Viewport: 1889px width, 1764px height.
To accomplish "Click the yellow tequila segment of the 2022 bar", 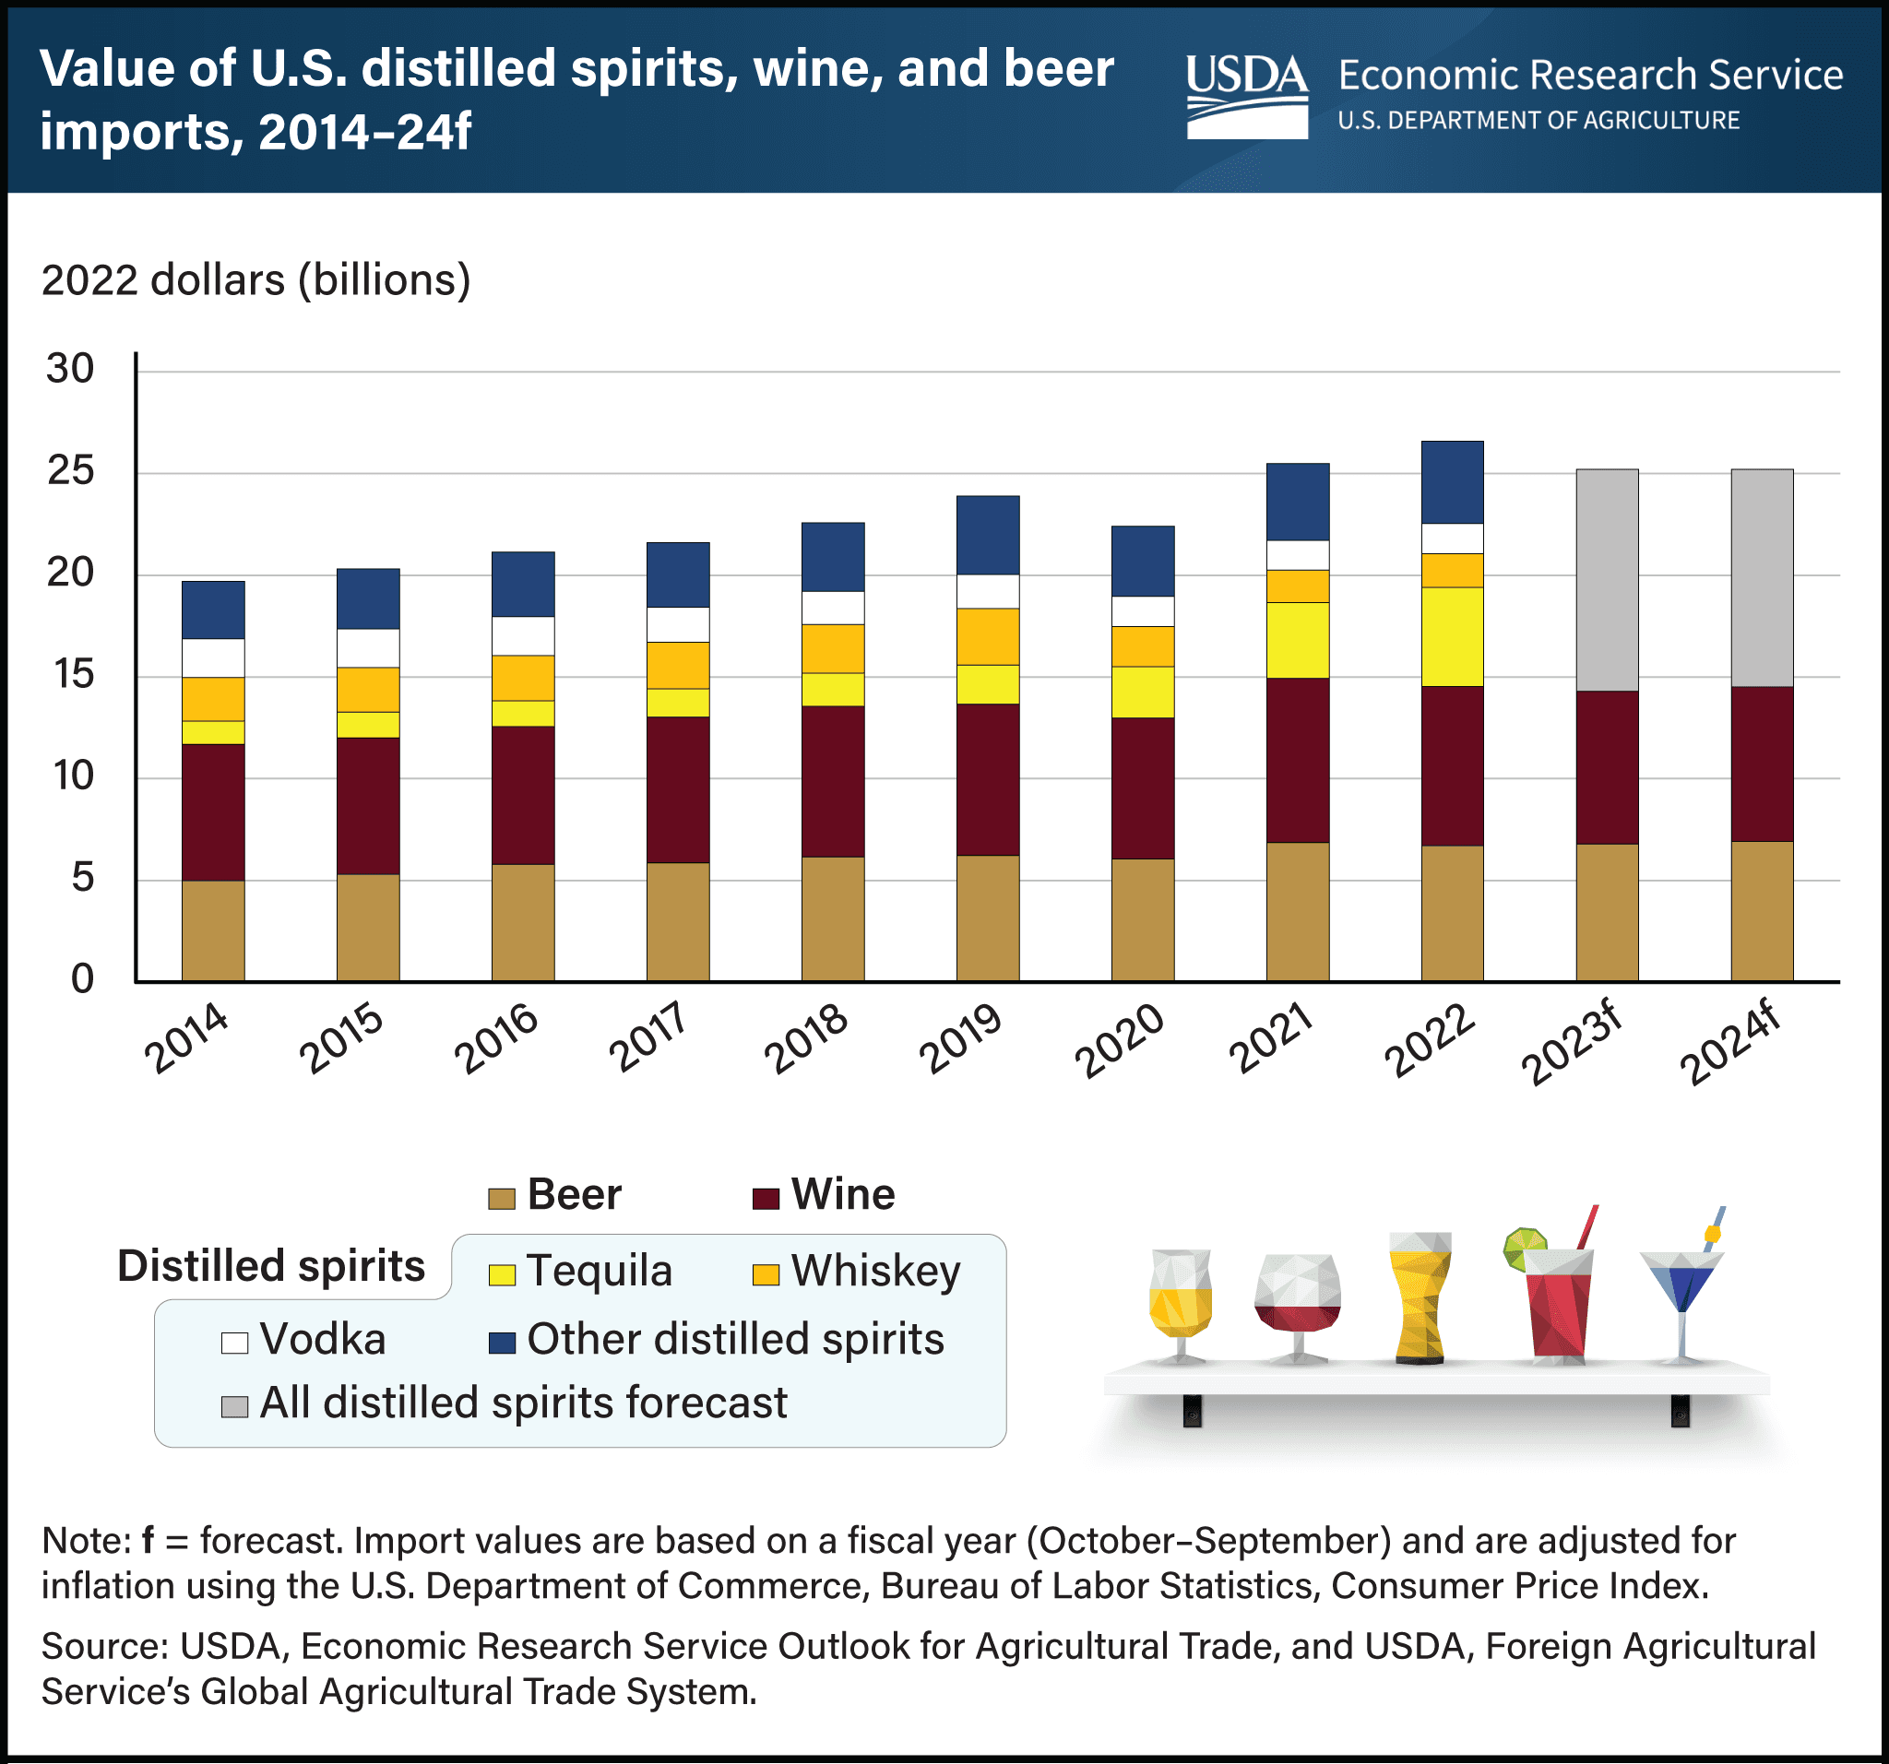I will click(1452, 636).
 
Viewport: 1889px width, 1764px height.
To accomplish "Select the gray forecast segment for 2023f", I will click(1607, 579).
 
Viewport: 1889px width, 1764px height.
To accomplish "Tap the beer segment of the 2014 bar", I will click(213, 930).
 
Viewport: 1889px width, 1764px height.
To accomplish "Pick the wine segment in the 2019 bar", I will click(987, 779).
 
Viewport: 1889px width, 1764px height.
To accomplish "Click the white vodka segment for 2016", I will click(523, 635).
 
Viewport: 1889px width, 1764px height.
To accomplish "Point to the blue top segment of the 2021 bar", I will click(1297, 502).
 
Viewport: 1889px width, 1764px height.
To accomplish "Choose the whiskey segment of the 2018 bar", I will click(832, 648).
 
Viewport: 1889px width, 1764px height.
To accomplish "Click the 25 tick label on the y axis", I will click(70, 470).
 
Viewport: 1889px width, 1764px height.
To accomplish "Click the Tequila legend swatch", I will click(501, 1274).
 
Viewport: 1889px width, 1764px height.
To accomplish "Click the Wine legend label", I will click(842, 1194).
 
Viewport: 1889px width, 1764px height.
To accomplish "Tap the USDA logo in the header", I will click(1246, 96).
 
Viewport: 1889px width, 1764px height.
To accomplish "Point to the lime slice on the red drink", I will click(1523, 1248).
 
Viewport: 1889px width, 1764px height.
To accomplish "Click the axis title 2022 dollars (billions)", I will click(255, 280).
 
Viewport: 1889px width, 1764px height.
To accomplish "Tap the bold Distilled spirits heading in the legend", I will click(271, 1266).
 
